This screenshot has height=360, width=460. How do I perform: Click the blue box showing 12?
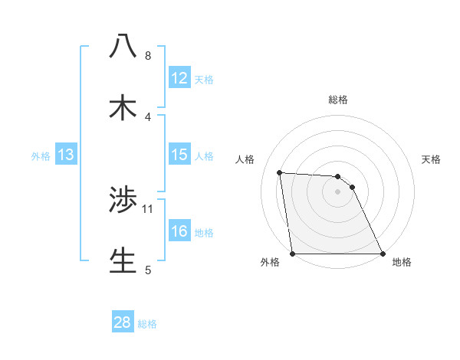[x=179, y=78]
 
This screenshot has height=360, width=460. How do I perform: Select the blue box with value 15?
[x=179, y=155]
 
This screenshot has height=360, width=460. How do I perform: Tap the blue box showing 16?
[x=179, y=231]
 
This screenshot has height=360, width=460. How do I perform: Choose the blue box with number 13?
[x=66, y=155]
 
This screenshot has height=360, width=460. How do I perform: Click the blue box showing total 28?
[x=122, y=322]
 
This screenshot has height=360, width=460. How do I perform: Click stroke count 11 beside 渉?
[x=148, y=208]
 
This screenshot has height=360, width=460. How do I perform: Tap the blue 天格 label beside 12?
[x=204, y=80]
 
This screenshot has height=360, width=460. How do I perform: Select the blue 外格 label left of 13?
[x=41, y=156]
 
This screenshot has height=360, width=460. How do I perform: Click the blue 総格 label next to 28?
[x=147, y=324]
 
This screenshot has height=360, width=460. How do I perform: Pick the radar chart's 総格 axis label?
[x=338, y=100]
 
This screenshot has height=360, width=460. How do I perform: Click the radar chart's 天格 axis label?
[x=432, y=159]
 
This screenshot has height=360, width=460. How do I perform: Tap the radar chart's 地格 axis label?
[x=402, y=263]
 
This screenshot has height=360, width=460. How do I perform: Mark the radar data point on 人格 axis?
[x=280, y=172]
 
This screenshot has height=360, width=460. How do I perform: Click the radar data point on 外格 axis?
[x=293, y=254]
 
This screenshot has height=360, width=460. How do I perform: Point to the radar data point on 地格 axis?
[x=383, y=254]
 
